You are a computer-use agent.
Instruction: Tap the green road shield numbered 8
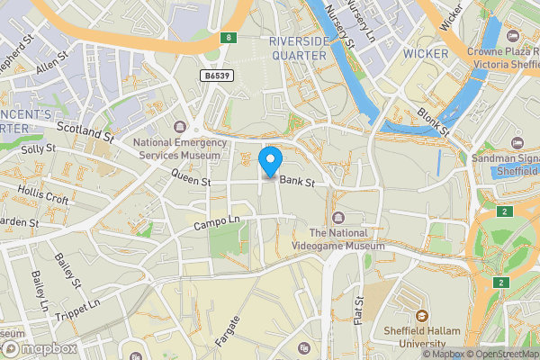(229, 38)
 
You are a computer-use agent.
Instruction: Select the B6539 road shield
(218, 76)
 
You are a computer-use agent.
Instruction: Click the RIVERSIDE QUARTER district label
(298, 48)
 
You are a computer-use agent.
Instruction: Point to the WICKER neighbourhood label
(426, 54)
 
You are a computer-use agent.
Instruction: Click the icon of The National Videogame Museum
(338, 217)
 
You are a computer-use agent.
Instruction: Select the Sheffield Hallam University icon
(421, 317)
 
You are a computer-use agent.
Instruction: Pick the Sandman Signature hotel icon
(517, 143)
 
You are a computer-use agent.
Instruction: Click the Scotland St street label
(85, 133)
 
